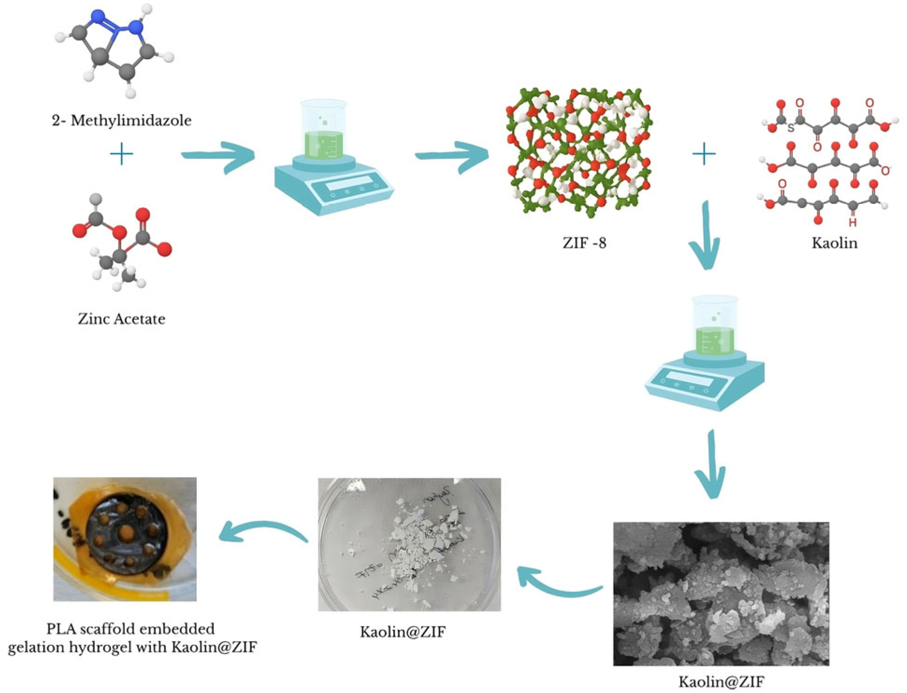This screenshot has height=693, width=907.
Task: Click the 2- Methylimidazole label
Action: (x=122, y=121)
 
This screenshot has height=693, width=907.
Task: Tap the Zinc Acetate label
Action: (x=122, y=319)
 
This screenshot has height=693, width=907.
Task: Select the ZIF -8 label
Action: (x=584, y=243)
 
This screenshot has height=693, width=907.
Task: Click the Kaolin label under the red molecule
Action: (x=834, y=243)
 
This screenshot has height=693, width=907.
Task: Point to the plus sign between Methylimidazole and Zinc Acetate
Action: (x=121, y=154)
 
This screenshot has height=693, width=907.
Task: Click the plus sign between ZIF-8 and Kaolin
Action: (x=704, y=154)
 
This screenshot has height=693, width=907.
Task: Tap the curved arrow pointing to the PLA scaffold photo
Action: (x=262, y=533)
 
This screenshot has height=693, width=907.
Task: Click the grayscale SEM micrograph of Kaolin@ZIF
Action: (x=720, y=593)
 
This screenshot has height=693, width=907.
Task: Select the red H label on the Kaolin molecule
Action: (x=852, y=223)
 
